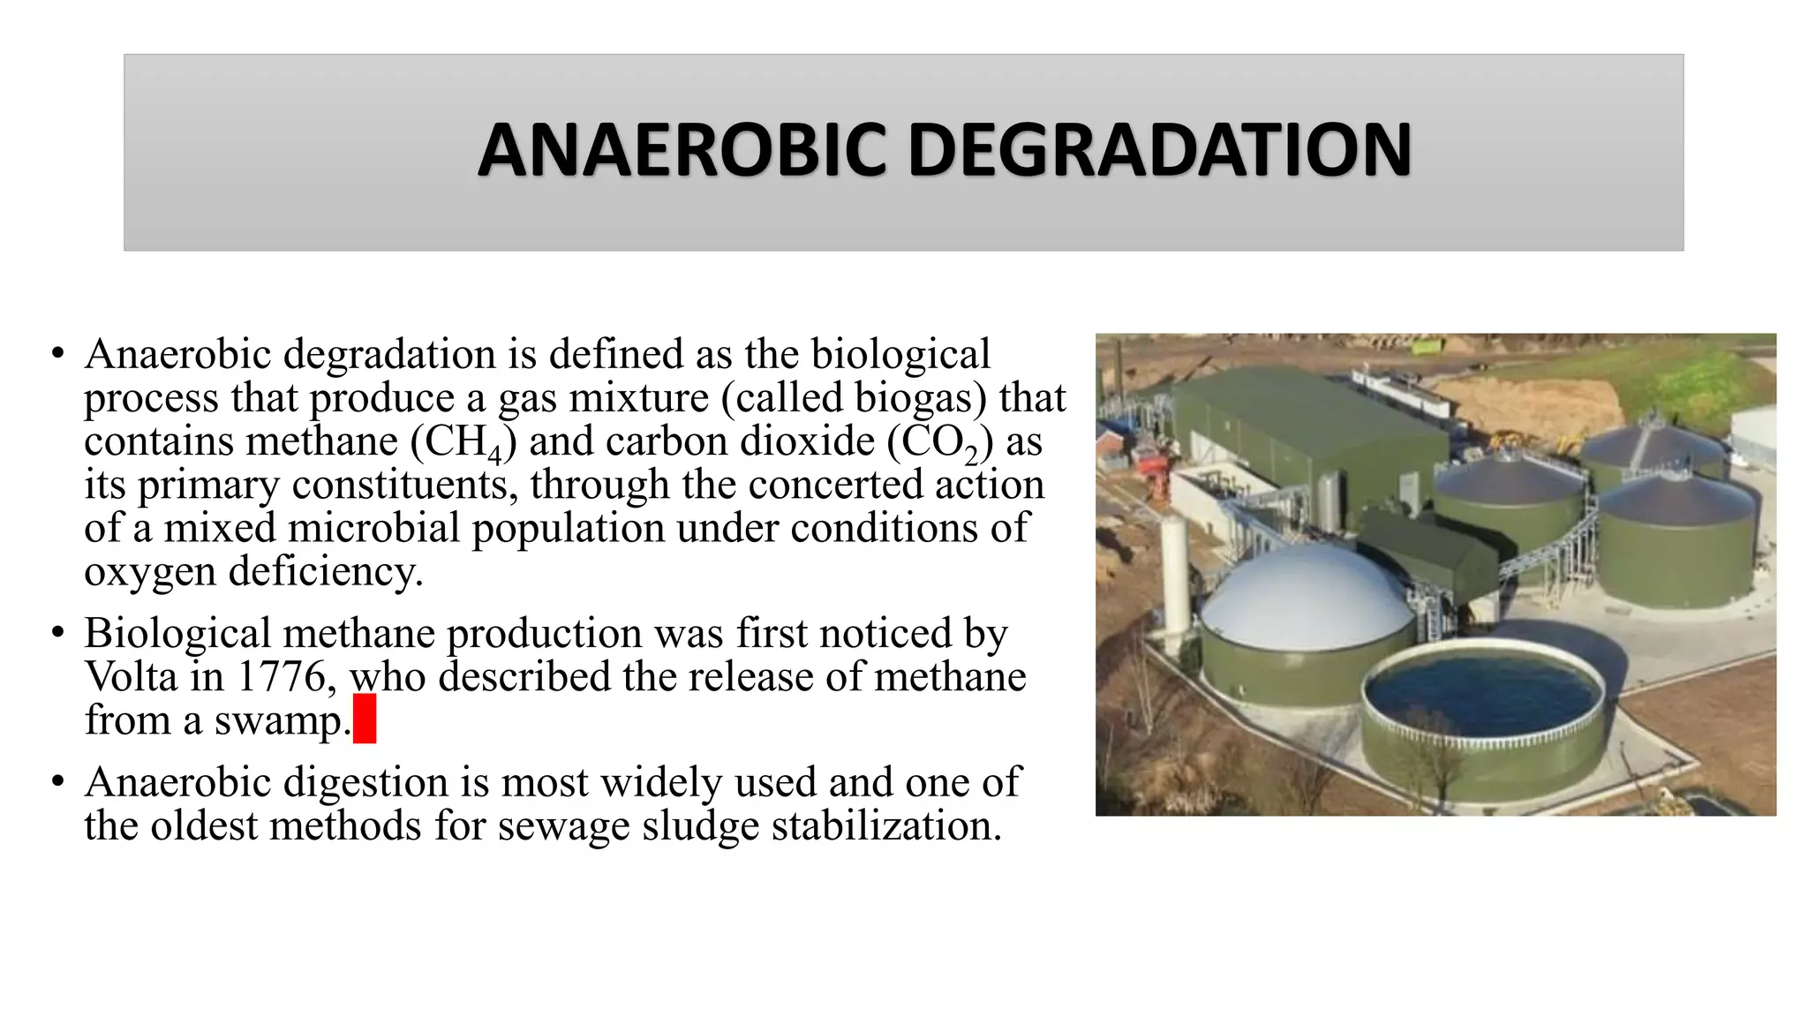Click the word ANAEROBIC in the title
[x=682, y=150]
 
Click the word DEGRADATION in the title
[x=1159, y=150]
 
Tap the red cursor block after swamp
[x=365, y=719]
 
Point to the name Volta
[x=131, y=677]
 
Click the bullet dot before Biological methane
[x=58, y=633]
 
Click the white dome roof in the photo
[x=1307, y=596]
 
